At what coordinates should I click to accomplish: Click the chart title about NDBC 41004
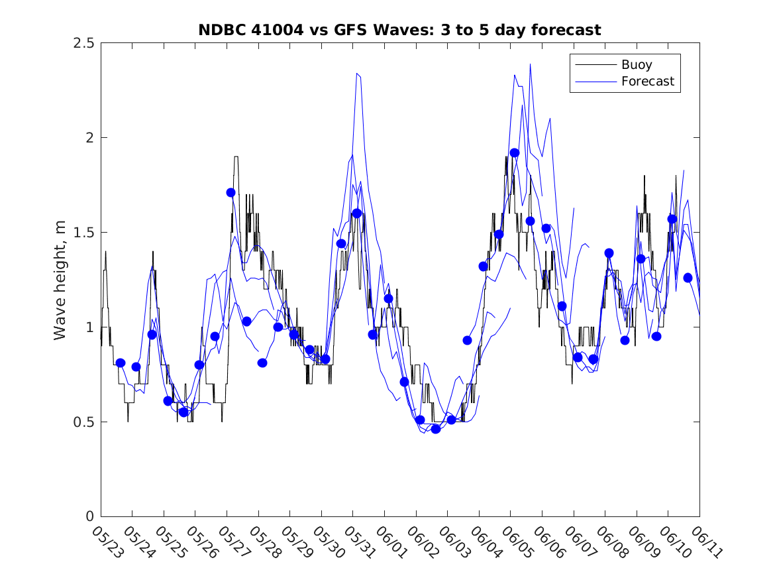399,30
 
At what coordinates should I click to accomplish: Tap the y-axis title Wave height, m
60,280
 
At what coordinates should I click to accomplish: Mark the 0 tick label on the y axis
89,517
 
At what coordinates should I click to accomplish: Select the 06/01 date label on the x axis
391,541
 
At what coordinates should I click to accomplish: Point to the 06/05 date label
517,541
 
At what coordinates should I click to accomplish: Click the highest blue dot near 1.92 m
515,152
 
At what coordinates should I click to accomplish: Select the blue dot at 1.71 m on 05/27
231,192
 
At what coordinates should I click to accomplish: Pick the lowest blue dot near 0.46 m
436,429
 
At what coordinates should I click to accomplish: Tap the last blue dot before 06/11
688,278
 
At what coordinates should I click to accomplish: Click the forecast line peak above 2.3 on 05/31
357,74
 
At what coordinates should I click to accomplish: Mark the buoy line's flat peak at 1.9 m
236,156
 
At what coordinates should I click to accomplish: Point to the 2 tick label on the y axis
89,138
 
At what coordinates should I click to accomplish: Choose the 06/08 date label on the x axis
611,541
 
